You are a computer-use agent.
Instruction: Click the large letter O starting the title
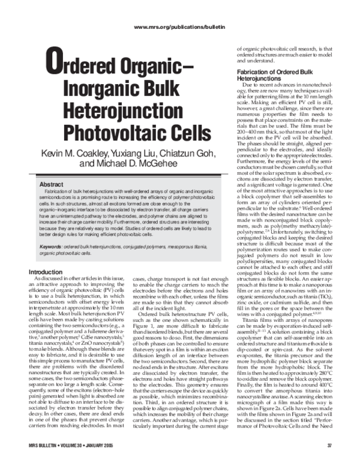(55, 64)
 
